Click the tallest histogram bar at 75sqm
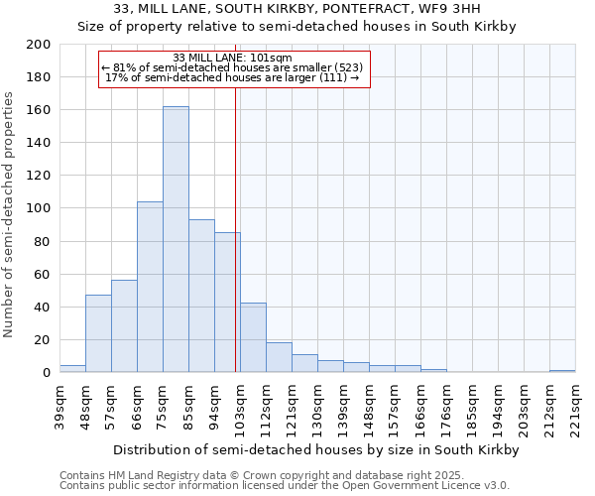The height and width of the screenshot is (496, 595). pos(176,239)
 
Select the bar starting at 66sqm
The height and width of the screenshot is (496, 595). pos(150,288)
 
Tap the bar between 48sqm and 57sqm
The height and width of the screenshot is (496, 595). pos(98,333)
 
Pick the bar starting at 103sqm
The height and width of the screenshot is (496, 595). pos(253,337)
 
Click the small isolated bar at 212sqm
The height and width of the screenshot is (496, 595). pos(562,371)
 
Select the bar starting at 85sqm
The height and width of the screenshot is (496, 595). pos(201,296)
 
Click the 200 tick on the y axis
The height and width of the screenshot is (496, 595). pos(38,45)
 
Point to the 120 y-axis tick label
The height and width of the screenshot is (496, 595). pos(38,176)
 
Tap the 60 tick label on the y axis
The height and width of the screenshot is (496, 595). pos(42,274)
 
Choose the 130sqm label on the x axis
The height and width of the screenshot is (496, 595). pos(317,405)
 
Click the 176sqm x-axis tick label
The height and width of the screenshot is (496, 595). pos(446,405)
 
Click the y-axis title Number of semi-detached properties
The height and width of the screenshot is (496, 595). pos(10,214)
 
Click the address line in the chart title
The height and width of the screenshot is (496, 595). pos(297,9)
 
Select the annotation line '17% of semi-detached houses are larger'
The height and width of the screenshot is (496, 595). pos(231,77)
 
